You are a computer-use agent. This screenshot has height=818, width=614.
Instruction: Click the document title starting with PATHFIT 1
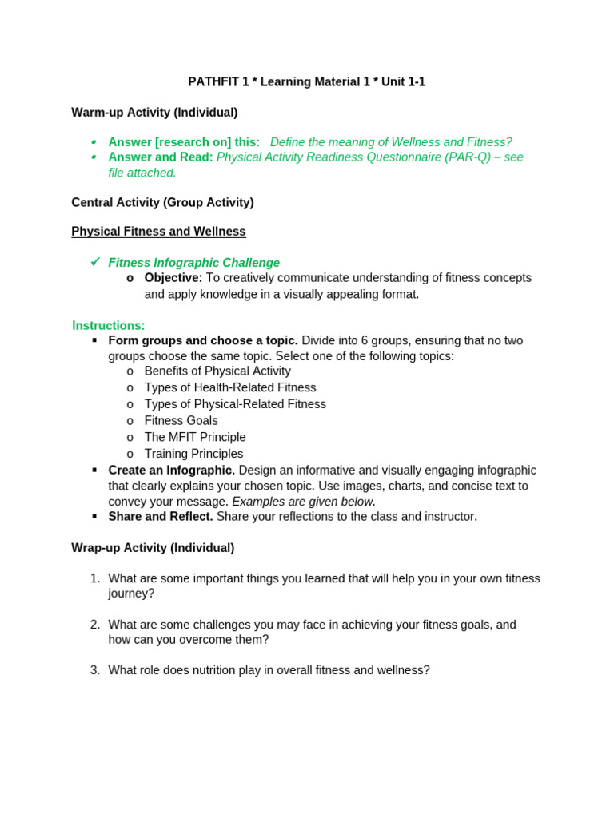click(306, 81)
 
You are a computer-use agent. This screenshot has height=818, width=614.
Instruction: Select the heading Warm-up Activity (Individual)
click(154, 113)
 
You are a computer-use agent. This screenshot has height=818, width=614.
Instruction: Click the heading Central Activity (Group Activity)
click(162, 202)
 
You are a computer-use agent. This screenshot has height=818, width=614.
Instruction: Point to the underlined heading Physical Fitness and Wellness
click(158, 232)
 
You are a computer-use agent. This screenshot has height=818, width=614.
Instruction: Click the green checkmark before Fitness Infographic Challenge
click(95, 262)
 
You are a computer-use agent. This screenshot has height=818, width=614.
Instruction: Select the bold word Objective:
click(173, 278)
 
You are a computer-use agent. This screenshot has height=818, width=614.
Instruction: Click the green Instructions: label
click(109, 325)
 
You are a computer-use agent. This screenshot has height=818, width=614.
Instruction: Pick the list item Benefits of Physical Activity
click(217, 371)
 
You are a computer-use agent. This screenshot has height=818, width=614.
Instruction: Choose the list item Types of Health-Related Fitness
click(230, 387)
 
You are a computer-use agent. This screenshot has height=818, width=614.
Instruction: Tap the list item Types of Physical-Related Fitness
click(235, 404)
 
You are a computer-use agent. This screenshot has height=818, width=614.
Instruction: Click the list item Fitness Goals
click(181, 421)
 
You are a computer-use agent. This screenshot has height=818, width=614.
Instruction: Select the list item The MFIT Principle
click(195, 437)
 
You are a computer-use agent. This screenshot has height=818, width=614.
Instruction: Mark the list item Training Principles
click(193, 454)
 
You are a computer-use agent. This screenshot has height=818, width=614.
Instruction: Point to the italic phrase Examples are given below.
click(303, 502)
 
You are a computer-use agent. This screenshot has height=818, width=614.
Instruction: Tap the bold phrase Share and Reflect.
click(161, 517)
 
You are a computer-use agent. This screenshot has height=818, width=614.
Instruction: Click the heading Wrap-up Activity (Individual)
click(153, 548)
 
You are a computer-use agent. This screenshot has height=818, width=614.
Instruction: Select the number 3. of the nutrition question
click(95, 670)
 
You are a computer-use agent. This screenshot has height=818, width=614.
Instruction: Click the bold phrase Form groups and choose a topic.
click(203, 340)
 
